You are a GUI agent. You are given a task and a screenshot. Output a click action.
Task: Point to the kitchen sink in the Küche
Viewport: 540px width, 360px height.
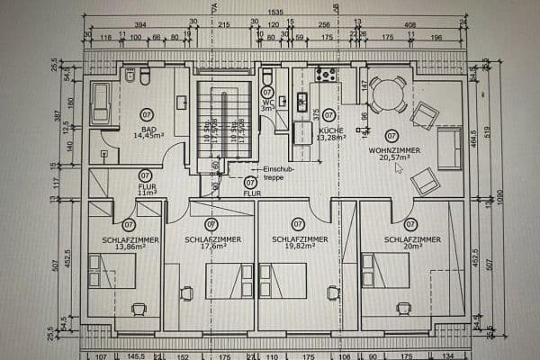301,102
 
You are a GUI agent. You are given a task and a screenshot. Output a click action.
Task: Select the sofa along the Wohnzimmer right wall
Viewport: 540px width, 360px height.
449,148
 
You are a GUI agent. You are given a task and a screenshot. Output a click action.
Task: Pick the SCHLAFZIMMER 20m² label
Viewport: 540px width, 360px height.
411,243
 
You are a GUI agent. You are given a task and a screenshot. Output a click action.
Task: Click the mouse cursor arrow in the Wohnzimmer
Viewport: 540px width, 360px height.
397,167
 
